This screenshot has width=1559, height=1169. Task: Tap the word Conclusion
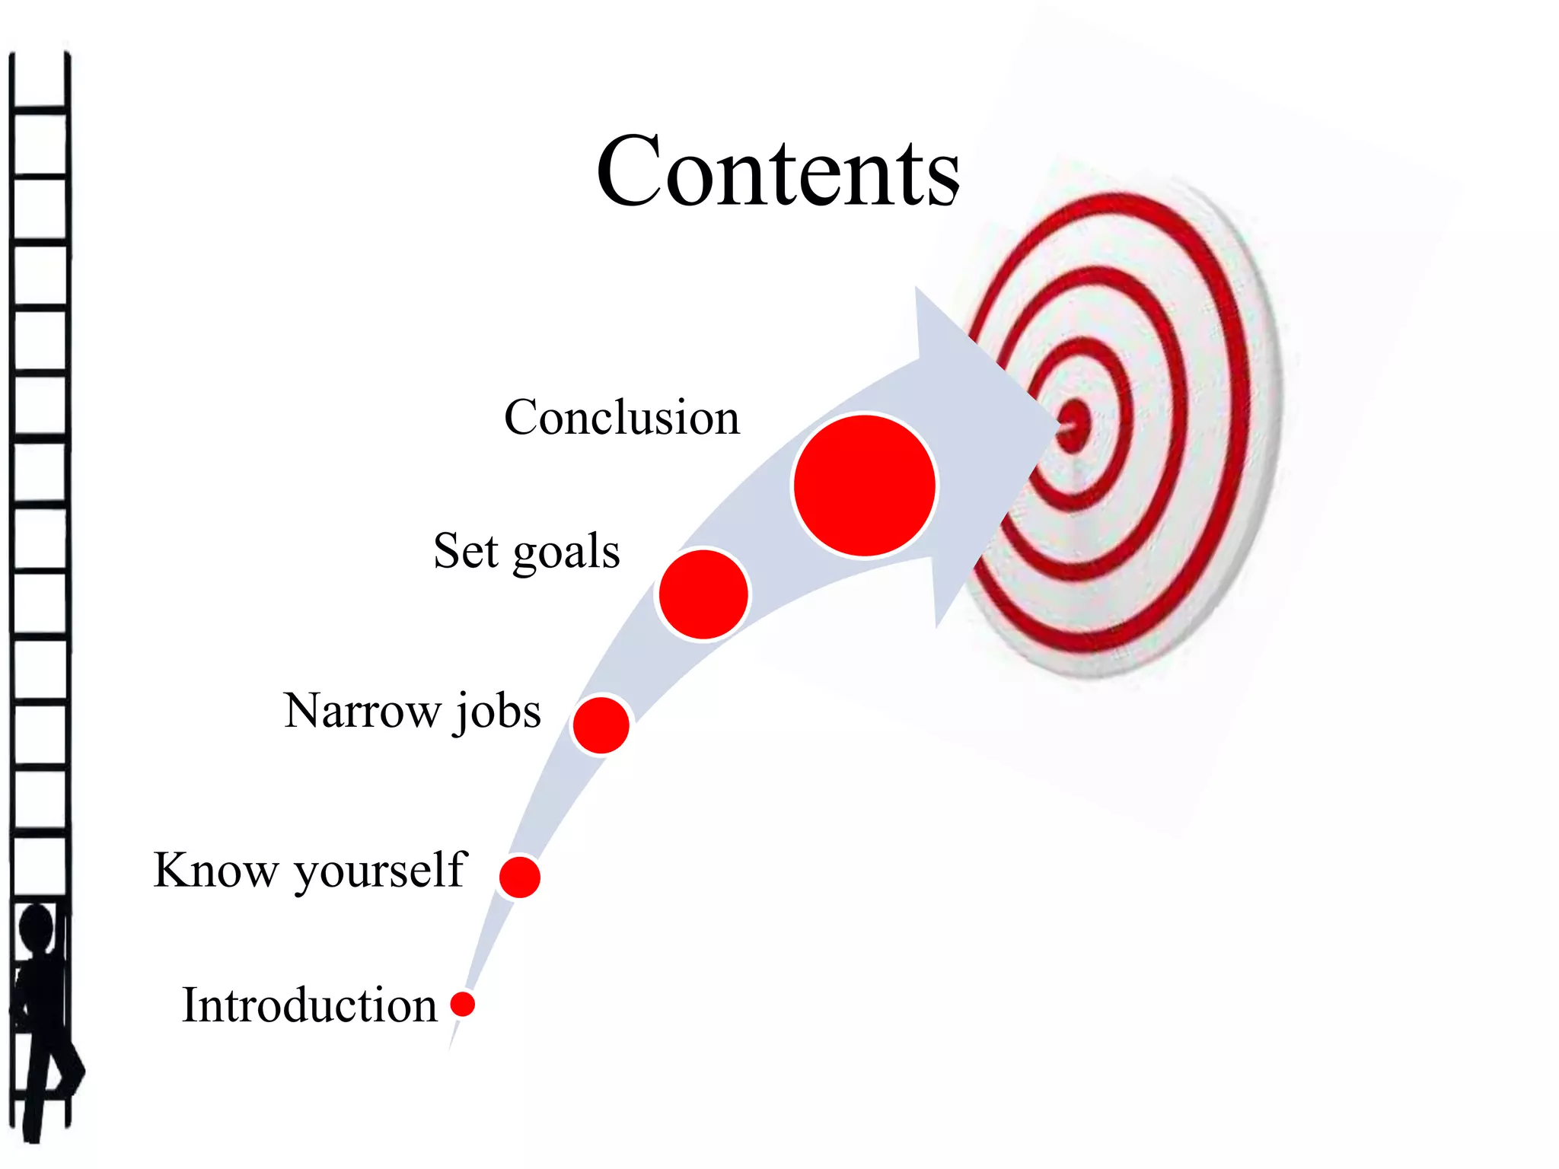621,417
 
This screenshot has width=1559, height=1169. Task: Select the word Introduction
309,1005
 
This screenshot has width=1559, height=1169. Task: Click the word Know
215,870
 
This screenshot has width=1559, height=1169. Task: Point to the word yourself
379,871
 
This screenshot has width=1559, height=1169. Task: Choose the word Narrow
362,711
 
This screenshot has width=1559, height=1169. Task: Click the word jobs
499,712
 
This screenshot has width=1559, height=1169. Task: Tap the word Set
465,551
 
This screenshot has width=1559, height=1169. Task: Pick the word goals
566,553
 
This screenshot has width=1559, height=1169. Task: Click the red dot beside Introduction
462,1004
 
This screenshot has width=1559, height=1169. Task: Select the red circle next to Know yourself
520,877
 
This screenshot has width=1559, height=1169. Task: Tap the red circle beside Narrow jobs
601,725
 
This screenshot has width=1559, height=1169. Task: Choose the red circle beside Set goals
703,594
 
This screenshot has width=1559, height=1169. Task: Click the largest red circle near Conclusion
864,486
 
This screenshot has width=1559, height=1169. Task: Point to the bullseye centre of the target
1073,425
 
